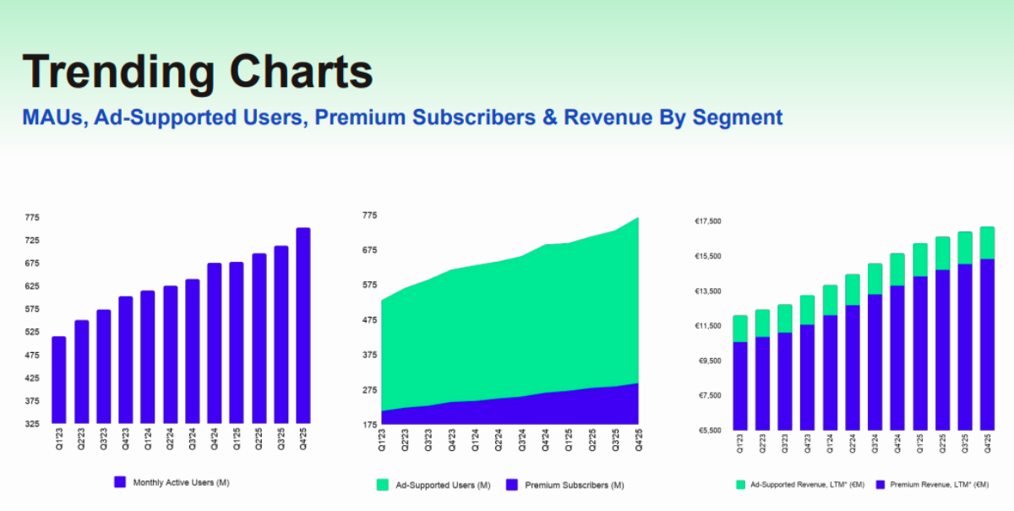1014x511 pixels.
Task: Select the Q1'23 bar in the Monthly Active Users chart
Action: click(x=58, y=380)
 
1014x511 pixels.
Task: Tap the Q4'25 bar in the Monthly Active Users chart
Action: click(x=303, y=326)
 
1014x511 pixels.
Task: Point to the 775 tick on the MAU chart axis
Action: click(x=32, y=217)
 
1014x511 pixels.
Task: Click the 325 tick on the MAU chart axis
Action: click(x=32, y=424)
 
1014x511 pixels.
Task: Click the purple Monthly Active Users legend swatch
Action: click(x=120, y=482)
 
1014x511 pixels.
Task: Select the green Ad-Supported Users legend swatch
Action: click(x=382, y=485)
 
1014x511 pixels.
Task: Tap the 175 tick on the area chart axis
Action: click(x=370, y=424)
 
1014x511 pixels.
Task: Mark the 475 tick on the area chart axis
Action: click(x=370, y=320)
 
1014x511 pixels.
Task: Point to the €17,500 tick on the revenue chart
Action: click(x=707, y=221)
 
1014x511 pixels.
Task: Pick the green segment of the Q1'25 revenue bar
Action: click(x=920, y=260)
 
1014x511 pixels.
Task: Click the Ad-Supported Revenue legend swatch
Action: click(x=742, y=486)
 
